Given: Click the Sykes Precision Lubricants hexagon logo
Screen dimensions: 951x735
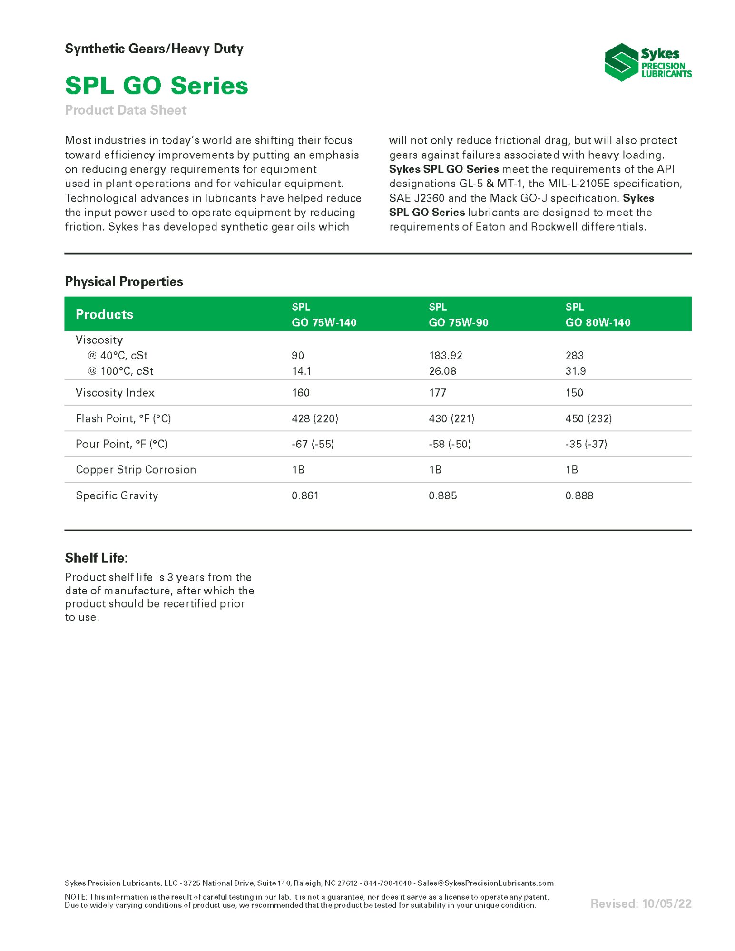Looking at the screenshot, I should pos(620,62).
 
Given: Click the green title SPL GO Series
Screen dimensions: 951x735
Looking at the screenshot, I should pos(157,86).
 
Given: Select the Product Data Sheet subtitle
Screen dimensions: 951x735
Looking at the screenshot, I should pos(126,110).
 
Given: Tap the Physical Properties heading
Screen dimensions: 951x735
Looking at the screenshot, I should pos(124,281).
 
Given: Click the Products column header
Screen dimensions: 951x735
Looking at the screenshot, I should pos(104,314).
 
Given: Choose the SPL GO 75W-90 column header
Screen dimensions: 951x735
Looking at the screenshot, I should pos(458,315).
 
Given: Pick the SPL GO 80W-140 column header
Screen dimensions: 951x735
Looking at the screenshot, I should pos(598,315).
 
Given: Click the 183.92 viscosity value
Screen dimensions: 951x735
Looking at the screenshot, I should pos(445,355).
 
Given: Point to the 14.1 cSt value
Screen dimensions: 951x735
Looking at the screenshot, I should pos(301,371).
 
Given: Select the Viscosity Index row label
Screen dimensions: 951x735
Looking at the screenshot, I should pos(115,392).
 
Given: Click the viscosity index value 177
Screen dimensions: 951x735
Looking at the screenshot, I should pos(437,392).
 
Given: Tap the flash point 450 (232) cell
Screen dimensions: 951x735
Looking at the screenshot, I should pos(588,418).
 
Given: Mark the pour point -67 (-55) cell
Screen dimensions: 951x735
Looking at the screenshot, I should pos(313,444).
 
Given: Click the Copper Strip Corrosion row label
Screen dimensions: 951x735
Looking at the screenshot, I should pos(136,469).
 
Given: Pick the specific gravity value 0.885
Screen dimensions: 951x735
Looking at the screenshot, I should pos(442,495).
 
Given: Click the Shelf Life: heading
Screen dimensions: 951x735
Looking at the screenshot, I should pos(96,557).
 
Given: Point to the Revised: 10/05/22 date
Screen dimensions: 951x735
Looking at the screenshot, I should pos(640,903).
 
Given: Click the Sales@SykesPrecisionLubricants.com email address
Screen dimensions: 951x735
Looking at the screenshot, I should pos(485,883).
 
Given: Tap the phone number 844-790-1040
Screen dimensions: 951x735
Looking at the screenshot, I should pos(387,883).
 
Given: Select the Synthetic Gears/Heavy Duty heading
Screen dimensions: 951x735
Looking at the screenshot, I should pos(154,49).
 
